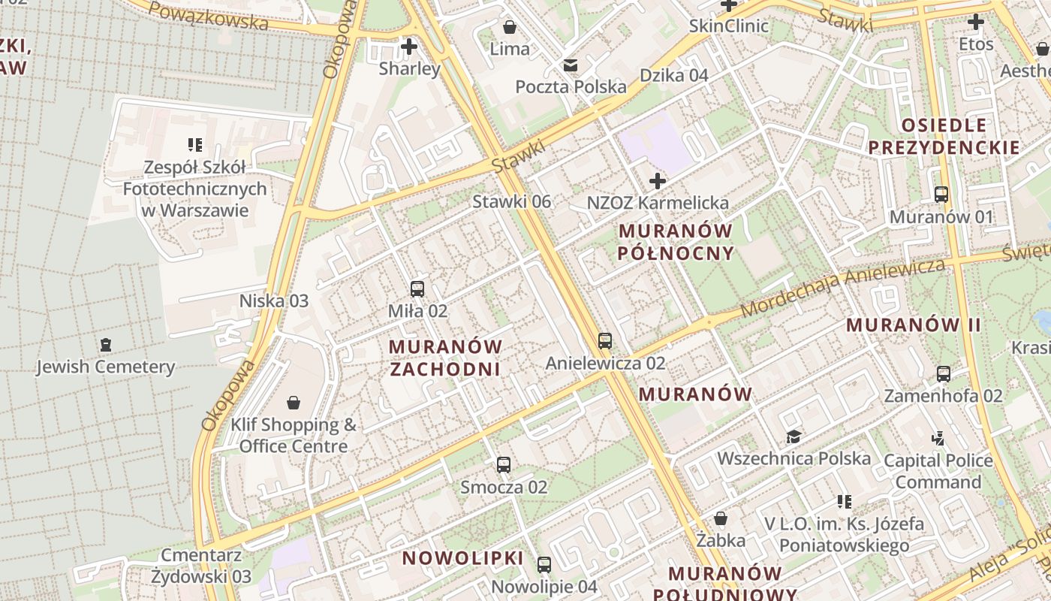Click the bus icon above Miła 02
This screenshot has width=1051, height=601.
tap(417, 288)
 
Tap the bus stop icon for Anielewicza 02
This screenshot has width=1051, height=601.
tap(605, 341)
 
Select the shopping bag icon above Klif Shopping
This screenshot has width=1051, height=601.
tap(294, 403)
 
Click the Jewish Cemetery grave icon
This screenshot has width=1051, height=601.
tap(106, 345)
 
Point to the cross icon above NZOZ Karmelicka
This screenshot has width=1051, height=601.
tap(658, 181)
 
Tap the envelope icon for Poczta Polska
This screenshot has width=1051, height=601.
tap(571, 65)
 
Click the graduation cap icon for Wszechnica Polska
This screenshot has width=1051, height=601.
tap(794, 436)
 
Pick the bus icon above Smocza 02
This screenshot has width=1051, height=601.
tap(504, 465)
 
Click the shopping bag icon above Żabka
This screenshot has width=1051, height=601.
tap(721, 518)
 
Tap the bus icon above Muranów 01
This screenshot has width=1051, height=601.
tap(941, 195)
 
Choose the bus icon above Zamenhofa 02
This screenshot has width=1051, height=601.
tap(944, 373)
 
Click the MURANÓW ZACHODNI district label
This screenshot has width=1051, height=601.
tap(445, 358)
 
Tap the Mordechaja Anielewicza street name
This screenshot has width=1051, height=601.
tap(842, 287)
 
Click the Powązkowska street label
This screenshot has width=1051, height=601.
tap(208, 16)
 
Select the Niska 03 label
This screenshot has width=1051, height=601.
tap(273, 301)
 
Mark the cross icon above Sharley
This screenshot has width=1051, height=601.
tap(409, 47)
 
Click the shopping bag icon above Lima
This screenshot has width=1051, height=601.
tap(510, 28)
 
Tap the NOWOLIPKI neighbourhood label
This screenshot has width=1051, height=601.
tap(462, 558)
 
